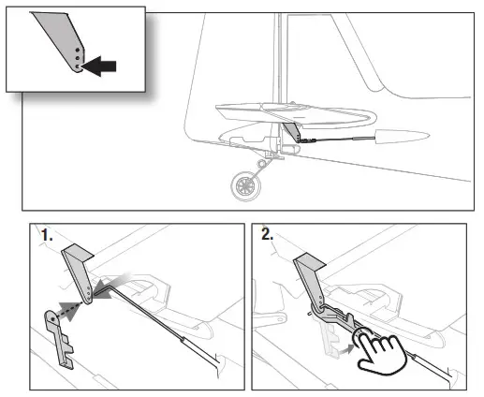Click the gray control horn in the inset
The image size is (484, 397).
tap(61, 37)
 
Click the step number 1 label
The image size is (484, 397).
tap(47, 237)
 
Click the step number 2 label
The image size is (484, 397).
tap(268, 237)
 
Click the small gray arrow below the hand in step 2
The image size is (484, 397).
tap(349, 348)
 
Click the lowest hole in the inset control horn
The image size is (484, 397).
tap(76, 66)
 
